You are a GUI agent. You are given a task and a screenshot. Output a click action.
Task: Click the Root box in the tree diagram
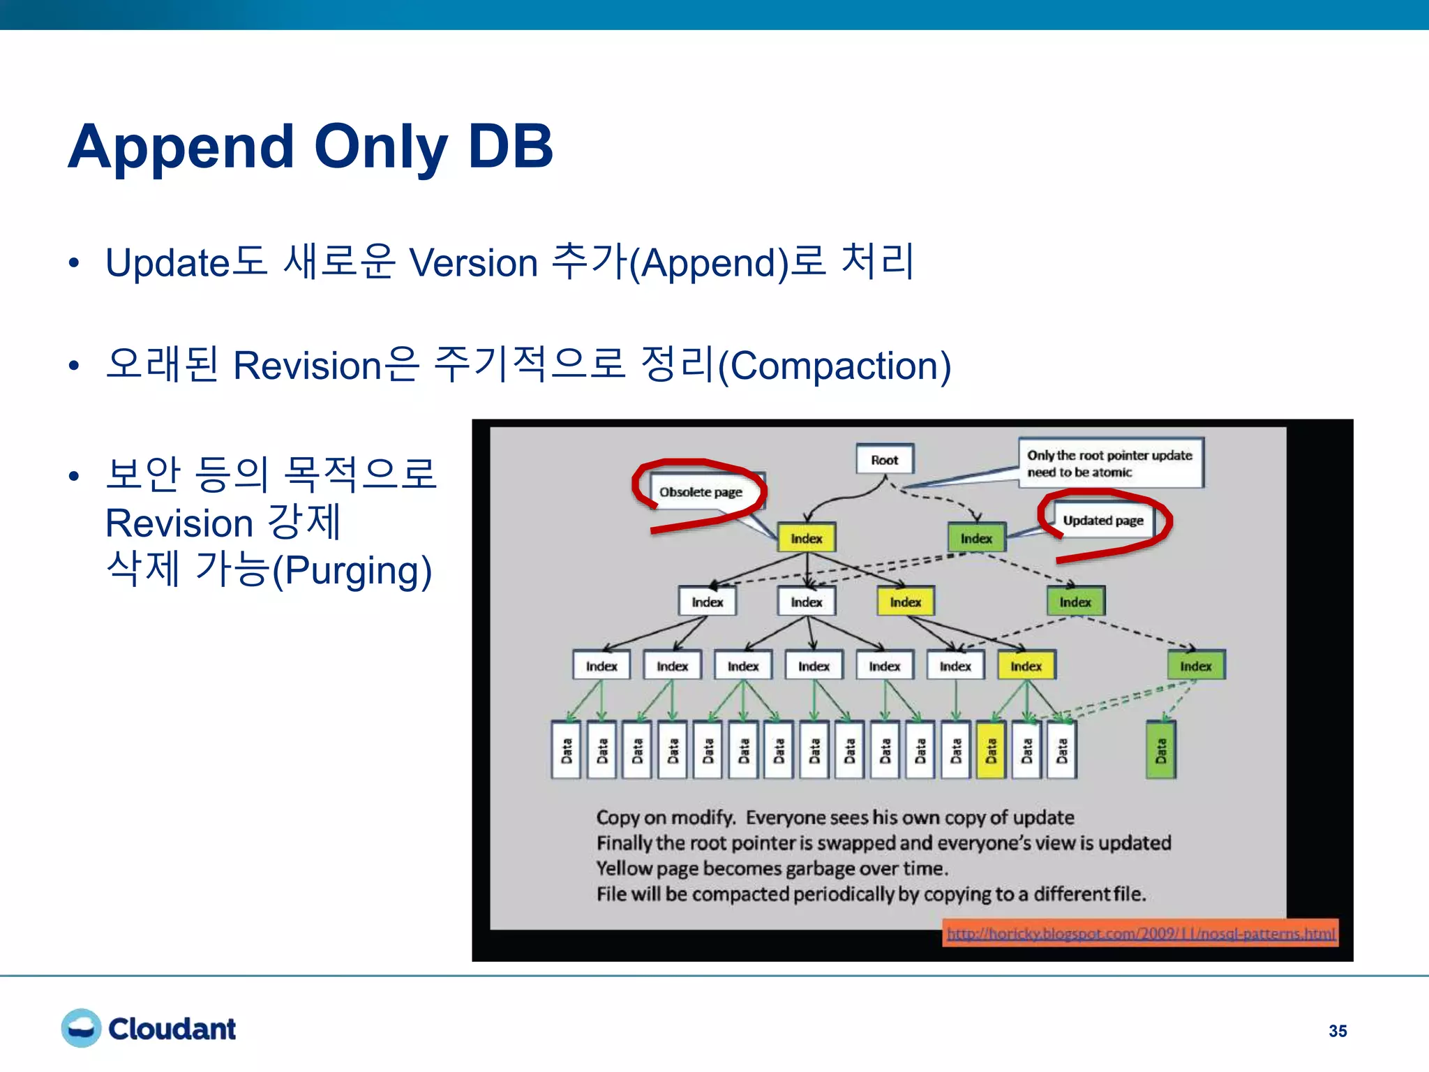[x=884, y=460]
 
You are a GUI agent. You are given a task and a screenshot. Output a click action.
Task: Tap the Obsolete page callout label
[x=701, y=492]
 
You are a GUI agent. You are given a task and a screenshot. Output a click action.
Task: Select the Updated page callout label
[x=1102, y=521]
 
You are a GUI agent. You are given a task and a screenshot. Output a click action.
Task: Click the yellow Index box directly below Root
[x=806, y=539]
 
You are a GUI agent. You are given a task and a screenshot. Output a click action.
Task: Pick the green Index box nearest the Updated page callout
[x=975, y=539]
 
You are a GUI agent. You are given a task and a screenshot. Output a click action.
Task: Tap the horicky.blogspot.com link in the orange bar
[x=1140, y=934]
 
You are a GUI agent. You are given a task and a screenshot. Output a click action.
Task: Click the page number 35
[x=1337, y=1031]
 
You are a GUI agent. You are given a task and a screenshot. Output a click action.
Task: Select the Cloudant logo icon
[x=82, y=1028]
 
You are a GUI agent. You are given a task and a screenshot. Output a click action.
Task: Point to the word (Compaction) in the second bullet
[x=835, y=366]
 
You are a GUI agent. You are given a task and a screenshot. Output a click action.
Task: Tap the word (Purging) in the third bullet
[x=352, y=571]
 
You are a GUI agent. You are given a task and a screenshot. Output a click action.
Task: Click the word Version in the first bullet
[x=473, y=264]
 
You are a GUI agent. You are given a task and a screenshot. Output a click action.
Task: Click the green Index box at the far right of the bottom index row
[x=1195, y=666]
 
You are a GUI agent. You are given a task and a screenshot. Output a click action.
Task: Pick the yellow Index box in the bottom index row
[x=1026, y=666]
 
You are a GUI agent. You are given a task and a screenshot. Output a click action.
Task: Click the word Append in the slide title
[x=181, y=147]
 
